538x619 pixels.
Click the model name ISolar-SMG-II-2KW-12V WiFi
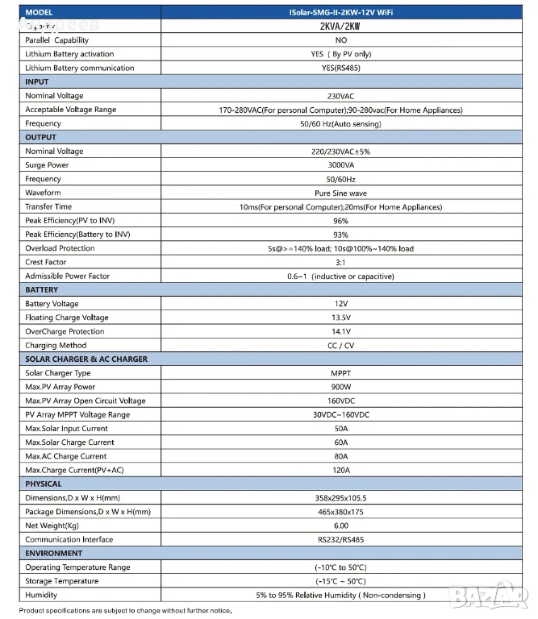coord(340,12)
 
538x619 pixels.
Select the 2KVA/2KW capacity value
coord(340,26)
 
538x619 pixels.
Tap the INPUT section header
coord(37,82)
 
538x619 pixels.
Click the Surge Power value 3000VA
coord(340,165)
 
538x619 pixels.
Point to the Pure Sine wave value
coord(340,193)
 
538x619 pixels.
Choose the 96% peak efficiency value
coord(340,221)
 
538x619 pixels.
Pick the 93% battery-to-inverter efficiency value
coord(340,235)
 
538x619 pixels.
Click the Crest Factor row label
coord(46,262)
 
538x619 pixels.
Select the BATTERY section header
coord(42,290)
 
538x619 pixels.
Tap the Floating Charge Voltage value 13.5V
coord(340,318)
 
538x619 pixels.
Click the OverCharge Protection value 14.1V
coord(340,331)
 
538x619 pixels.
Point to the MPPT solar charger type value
coord(340,373)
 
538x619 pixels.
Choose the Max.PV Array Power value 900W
coord(340,387)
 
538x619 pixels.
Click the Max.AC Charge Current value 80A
coord(340,456)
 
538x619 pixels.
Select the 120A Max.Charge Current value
coord(340,470)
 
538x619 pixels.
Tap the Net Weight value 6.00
coord(340,526)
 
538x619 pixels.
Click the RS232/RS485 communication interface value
coord(340,539)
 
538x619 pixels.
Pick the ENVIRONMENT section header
coord(54,553)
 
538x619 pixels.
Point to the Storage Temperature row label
coord(62,581)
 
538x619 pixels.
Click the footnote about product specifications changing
coord(125,611)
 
